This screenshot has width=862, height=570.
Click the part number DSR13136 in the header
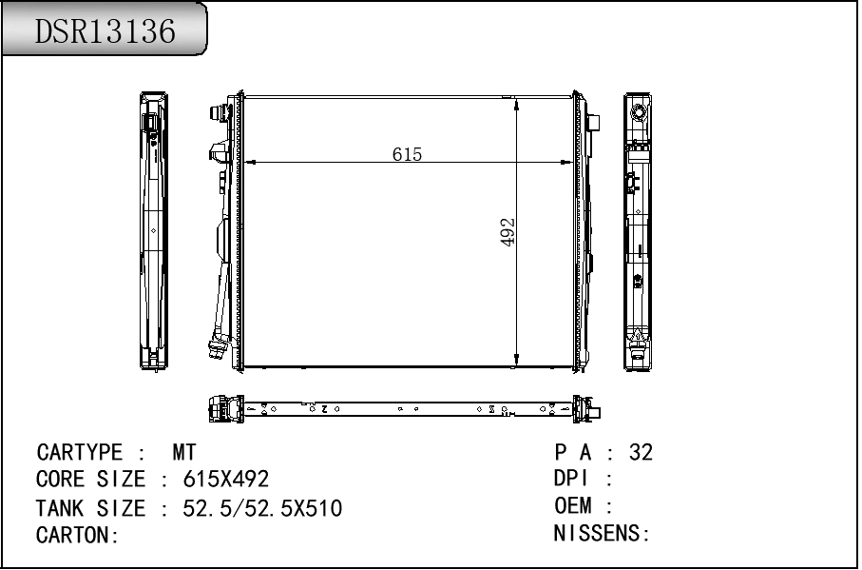(105, 30)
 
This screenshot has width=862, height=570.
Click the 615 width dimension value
(407, 154)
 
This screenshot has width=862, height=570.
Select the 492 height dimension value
(508, 232)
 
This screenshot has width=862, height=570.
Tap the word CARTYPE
(79, 452)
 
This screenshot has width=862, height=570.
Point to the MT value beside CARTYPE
(184, 452)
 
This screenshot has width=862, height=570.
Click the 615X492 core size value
(226, 480)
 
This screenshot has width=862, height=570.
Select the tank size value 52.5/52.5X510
(262, 508)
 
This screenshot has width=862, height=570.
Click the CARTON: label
(78, 535)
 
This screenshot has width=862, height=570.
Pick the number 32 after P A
(641, 452)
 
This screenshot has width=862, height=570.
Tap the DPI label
(571, 478)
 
